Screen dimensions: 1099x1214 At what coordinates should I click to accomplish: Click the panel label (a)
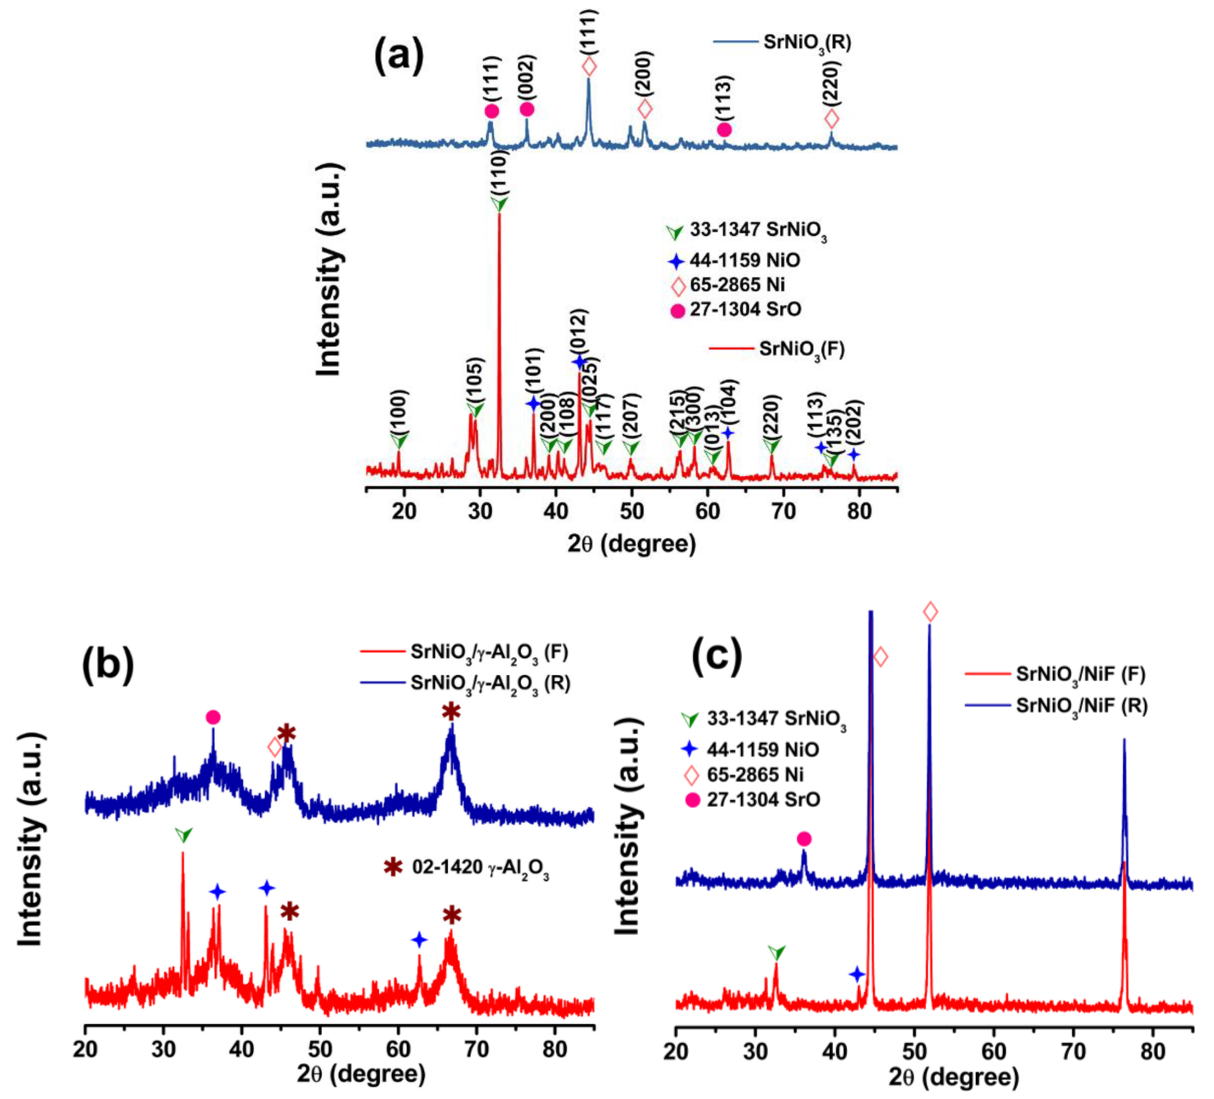pyautogui.click(x=399, y=56)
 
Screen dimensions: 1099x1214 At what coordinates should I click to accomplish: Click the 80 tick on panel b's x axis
pyautogui.click(x=555, y=1049)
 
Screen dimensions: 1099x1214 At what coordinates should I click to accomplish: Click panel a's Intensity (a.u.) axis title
pyautogui.click(x=329, y=270)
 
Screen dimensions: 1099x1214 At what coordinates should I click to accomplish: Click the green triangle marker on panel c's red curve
pyautogui.click(x=777, y=953)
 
